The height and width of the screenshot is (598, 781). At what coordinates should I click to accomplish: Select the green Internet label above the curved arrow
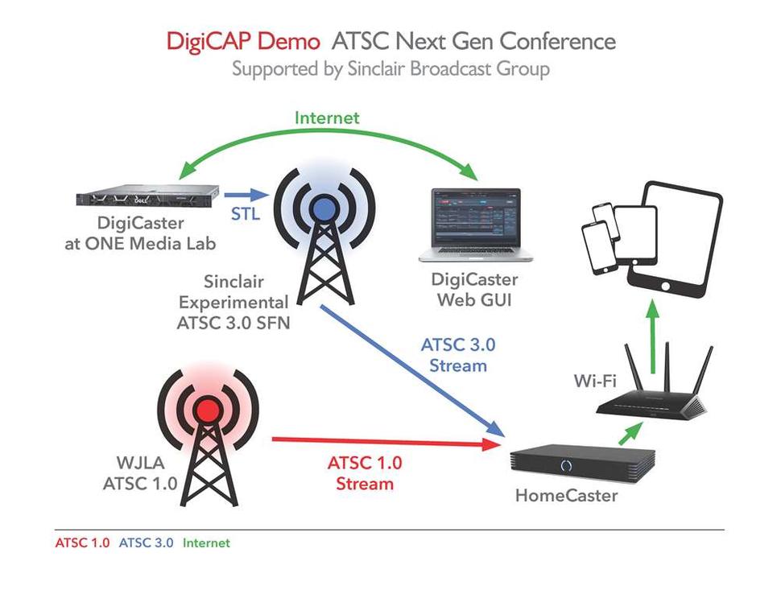327,118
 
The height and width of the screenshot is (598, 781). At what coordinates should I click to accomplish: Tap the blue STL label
246,215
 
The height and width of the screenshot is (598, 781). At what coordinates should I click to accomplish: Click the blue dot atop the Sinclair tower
324,208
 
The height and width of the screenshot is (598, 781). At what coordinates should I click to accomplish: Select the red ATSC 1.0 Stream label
365,473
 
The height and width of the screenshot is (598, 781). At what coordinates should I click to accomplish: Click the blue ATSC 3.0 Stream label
458,355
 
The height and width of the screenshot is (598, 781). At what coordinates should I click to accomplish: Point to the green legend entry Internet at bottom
206,543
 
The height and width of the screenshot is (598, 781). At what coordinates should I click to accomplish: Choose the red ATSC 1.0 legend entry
82,543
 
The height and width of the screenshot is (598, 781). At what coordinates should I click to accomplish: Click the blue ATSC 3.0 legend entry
146,543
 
